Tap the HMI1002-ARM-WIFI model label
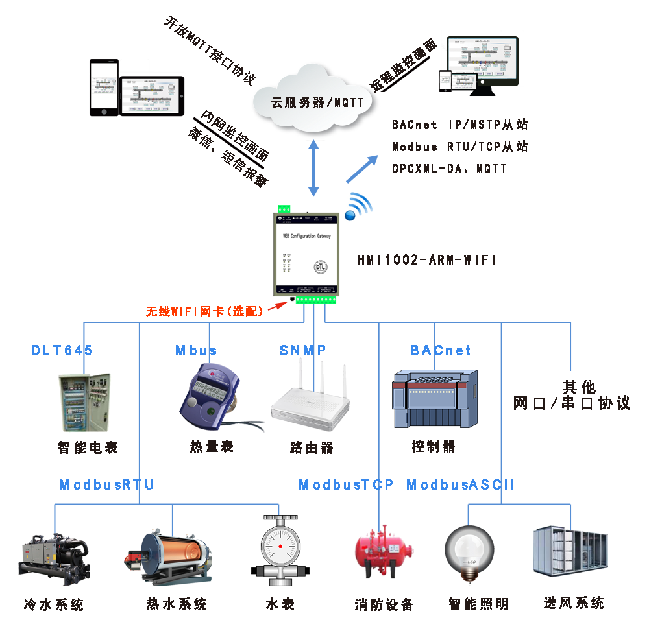(x=426, y=260)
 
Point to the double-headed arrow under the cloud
(x=314, y=170)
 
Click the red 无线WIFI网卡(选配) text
(x=204, y=311)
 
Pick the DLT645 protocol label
(x=62, y=351)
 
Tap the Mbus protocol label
(x=196, y=351)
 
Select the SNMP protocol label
(x=302, y=351)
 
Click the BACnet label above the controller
(x=441, y=351)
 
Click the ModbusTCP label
(x=346, y=485)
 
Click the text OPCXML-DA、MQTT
(x=449, y=169)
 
